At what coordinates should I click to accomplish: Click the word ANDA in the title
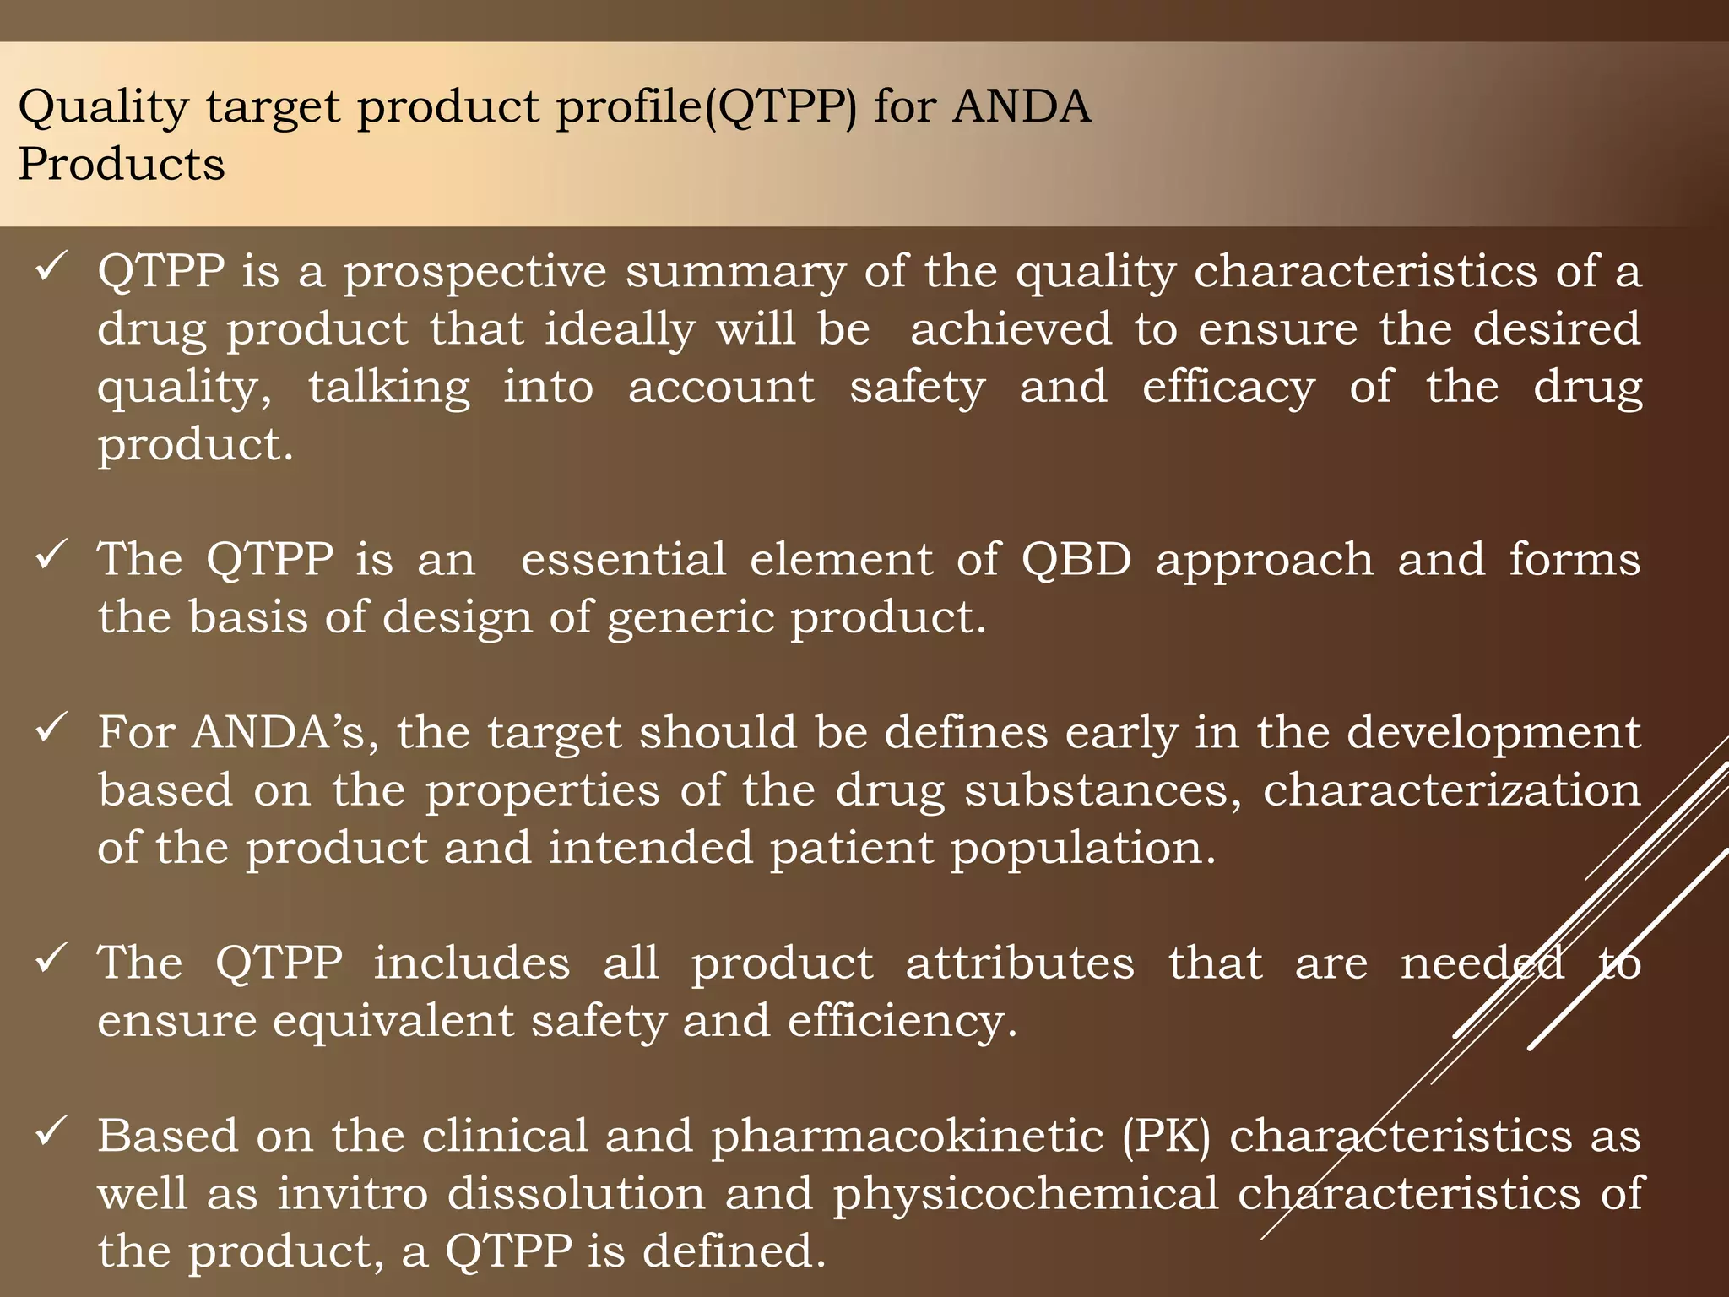coord(1022,107)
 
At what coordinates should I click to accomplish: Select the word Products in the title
coord(122,164)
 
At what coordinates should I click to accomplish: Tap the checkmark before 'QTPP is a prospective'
coord(51,269)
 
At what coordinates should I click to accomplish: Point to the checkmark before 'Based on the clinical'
coord(51,1131)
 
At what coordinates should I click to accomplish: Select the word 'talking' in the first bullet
coord(388,388)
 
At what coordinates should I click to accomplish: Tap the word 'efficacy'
coord(1228,388)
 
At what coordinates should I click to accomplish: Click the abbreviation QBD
coord(1076,560)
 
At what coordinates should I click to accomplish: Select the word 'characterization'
coord(1451,790)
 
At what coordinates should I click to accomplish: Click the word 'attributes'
coord(1020,963)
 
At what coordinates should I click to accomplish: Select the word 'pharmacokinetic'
coord(908,1137)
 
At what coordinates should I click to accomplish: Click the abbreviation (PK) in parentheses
coord(1166,1137)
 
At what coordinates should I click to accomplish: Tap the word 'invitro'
coord(353,1194)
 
